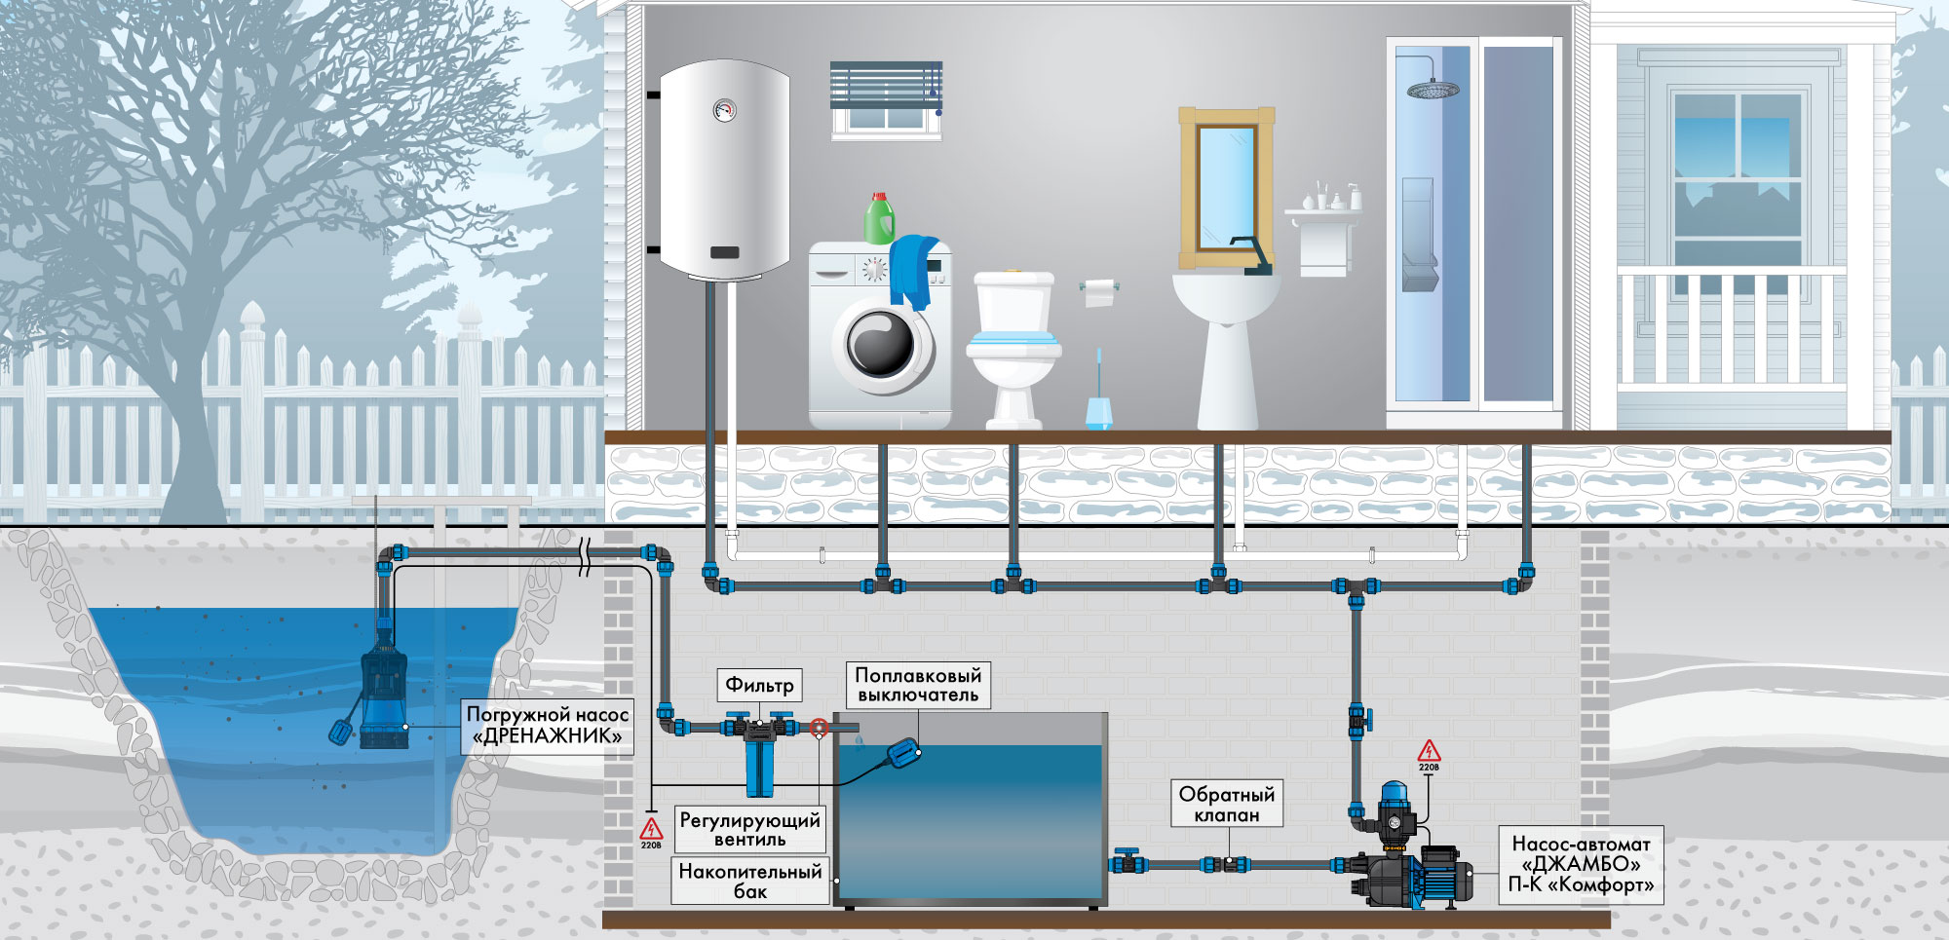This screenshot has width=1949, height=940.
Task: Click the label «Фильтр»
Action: [x=759, y=685]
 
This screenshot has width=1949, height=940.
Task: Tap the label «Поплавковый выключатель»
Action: [x=918, y=685]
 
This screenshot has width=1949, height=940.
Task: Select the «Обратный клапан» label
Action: [x=1227, y=805]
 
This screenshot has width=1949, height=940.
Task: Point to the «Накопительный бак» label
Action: [x=750, y=881]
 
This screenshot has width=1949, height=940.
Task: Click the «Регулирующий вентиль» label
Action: [x=750, y=829]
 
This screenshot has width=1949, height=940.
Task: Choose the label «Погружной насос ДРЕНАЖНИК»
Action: [x=547, y=725]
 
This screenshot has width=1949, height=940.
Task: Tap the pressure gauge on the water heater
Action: [x=724, y=109]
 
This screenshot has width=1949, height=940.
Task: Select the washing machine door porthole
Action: [x=882, y=344]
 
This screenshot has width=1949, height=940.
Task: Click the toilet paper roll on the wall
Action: [x=1099, y=291]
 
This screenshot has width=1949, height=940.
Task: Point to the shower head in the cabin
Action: [x=1433, y=90]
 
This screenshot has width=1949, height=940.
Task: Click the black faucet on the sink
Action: [x=1251, y=255]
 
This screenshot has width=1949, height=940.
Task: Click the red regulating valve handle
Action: [x=819, y=728]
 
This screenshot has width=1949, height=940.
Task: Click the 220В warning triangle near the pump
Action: [x=1429, y=751]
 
